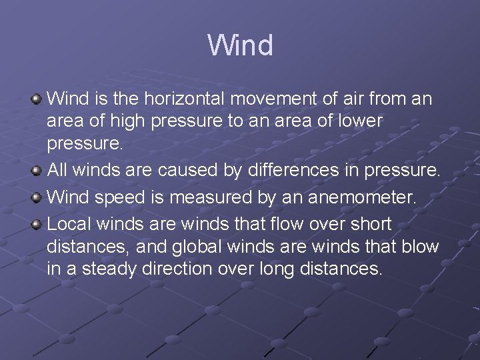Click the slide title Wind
click(x=240, y=46)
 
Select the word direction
click(x=174, y=269)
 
